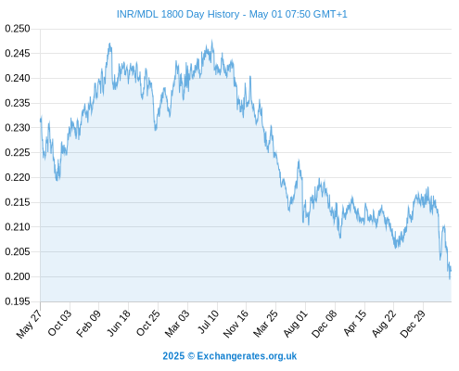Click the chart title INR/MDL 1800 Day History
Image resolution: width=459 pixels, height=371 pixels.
point(178,14)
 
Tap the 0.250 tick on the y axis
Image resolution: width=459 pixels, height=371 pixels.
point(18,29)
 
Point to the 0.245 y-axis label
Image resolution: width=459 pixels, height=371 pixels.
point(18,54)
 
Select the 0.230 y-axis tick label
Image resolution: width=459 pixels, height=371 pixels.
point(18,128)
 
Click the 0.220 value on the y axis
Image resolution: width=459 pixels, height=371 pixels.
point(18,177)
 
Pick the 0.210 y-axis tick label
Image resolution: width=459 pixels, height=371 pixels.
point(18,227)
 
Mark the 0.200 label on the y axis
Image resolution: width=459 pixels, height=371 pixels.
point(18,276)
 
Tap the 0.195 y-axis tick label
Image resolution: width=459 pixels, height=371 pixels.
point(18,301)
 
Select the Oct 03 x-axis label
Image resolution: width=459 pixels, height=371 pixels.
point(59,323)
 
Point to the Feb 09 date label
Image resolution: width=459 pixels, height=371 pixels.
point(88,324)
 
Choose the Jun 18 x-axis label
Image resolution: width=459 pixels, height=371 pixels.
point(119,323)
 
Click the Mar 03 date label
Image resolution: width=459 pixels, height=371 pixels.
point(177,324)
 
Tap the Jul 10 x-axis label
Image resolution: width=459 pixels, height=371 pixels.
point(208,322)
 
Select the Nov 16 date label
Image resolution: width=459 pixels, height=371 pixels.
point(236,324)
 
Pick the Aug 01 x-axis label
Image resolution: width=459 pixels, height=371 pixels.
point(296,324)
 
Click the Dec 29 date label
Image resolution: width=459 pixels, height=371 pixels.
point(413,324)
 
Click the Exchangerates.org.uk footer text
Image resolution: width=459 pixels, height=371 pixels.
point(247,356)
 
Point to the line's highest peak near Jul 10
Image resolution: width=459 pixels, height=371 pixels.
point(211,40)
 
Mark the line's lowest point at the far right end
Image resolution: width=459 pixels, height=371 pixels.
point(450,279)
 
